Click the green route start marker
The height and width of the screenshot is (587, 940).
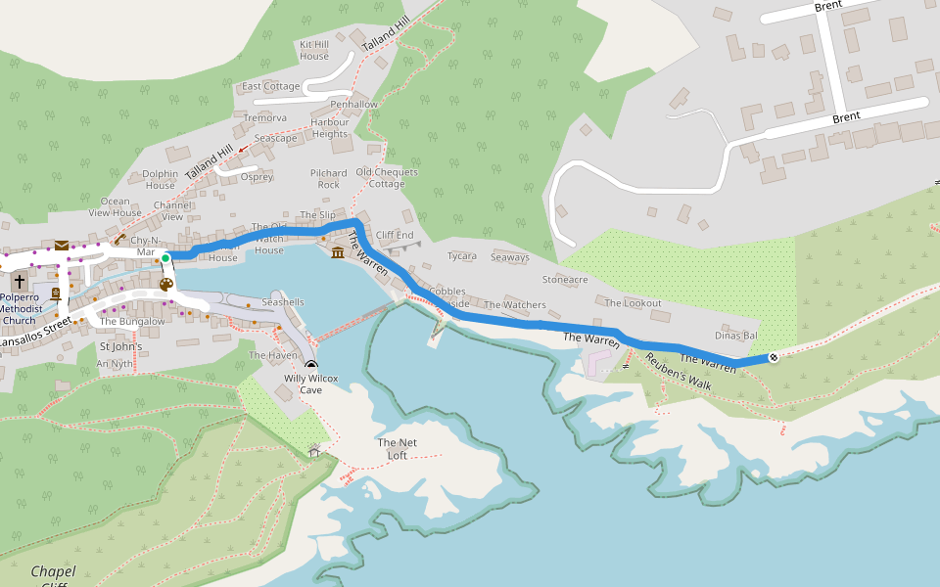coord(165,258)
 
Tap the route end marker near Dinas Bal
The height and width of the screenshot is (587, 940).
coord(774,357)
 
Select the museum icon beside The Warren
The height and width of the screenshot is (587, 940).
coord(338,253)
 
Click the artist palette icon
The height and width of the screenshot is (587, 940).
coord(165,285)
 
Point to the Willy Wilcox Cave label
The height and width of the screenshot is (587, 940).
coord(310,384)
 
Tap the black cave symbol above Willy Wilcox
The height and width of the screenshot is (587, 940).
coord(310,365)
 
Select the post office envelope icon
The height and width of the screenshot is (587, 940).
coord(62,245)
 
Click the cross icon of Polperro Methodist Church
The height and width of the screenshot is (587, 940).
coord(20,281)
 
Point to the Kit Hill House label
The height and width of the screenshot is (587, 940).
coord(314,50)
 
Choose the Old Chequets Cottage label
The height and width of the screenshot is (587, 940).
coord(386,178)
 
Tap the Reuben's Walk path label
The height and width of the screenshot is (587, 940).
coord(677,372)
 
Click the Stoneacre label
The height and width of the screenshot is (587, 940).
coord(565,279)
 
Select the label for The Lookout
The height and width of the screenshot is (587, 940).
coord(633,303)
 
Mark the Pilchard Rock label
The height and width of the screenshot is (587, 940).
coord(329,178)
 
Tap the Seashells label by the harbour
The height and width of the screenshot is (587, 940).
coord(282,302)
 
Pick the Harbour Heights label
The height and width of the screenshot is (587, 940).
coord(330,128)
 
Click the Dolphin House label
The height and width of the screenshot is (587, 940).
coord(161,179)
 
